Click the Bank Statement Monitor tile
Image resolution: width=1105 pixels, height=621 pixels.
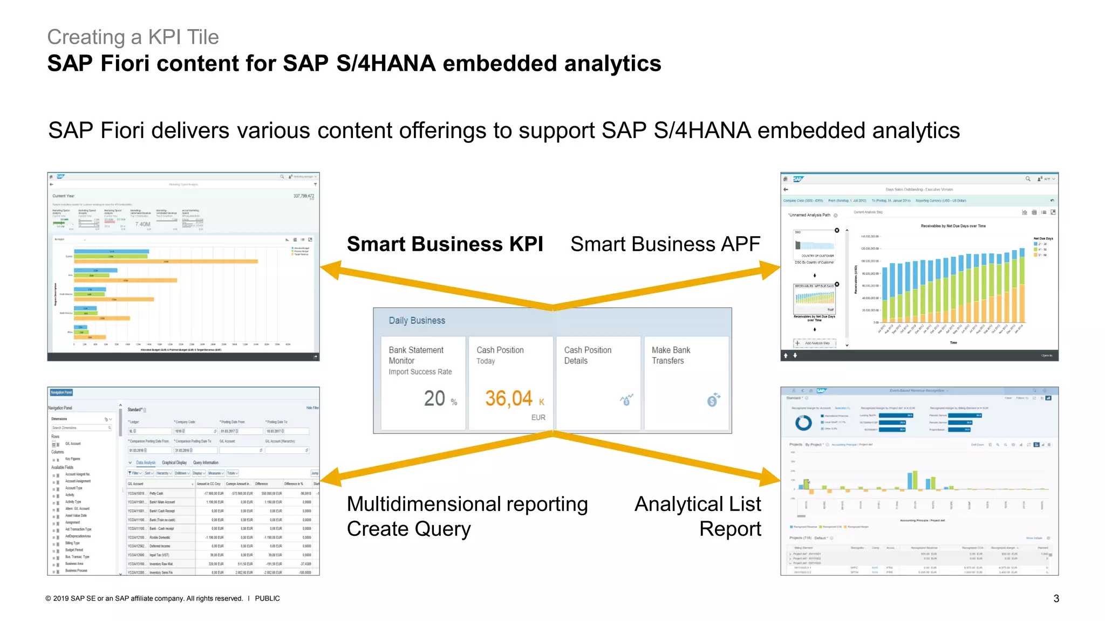coord(423,383)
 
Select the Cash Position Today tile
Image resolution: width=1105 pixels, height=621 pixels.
coord(510,383)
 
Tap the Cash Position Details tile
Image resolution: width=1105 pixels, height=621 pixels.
coord(598,383)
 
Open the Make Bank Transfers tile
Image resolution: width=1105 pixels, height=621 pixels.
coord(686,383)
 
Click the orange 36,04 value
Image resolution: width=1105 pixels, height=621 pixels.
coord(508,399)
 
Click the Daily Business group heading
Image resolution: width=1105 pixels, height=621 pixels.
coord(417,321)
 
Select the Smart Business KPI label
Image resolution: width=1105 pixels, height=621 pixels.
coord(445,244)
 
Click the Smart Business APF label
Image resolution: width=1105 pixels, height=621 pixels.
coord(665,244)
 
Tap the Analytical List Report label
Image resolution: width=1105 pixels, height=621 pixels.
coord(698,516)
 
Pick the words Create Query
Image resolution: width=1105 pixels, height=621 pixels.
coord(408,529)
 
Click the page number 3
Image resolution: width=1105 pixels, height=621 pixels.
coord(1056,599)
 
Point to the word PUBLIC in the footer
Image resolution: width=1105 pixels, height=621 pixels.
coord(267,598)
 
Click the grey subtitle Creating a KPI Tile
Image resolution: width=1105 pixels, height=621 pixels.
coord(133,37)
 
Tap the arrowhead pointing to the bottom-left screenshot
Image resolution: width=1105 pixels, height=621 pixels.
coord(330,477)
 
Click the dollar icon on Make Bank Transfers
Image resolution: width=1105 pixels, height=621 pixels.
coord(713,399)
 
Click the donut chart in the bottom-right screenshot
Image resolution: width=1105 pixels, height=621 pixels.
coord(803,423)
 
